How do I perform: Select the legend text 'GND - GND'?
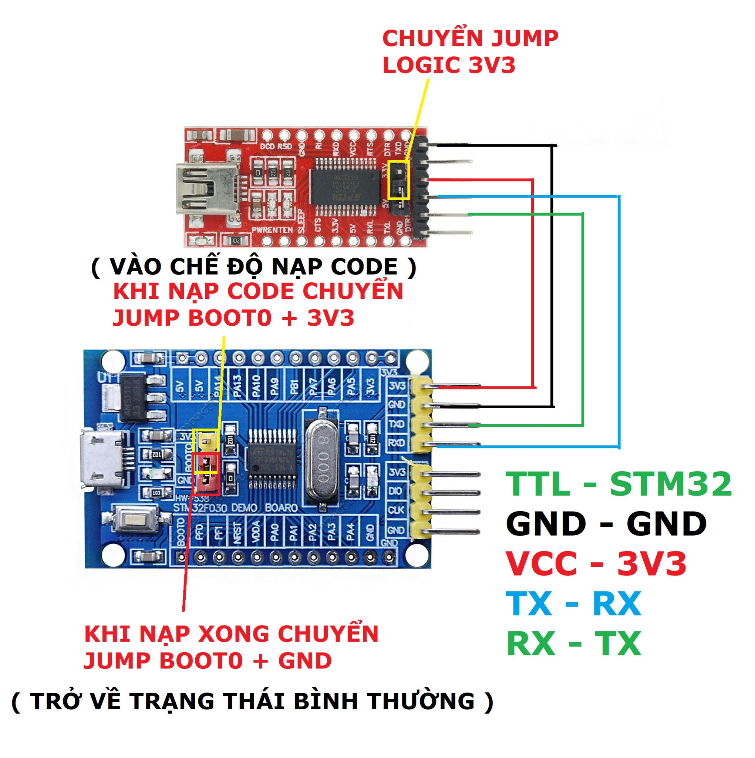(606, 524)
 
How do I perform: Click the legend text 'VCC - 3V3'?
(596, 564)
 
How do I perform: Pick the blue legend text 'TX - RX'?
(573, 603)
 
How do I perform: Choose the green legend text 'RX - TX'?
(573, 643)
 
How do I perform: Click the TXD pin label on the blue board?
(396, 424)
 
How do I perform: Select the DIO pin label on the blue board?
(395, 491)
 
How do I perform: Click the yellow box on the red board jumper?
(398, 180)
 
